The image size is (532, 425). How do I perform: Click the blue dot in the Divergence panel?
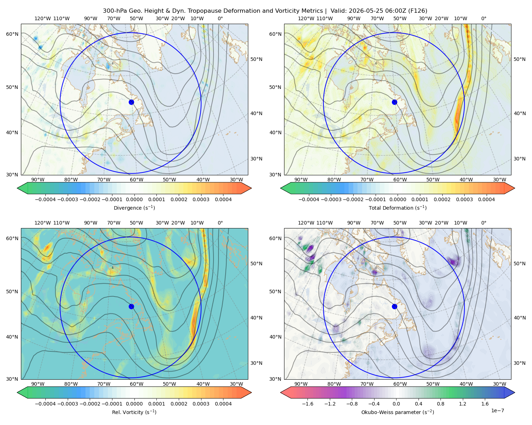(131, 102)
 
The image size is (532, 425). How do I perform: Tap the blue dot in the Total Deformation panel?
(394, 102)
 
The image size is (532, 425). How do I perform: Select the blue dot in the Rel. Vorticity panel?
(131, 306)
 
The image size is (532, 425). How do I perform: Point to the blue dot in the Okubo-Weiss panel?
(394, 306)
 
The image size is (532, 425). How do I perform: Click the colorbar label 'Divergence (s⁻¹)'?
(134, 208)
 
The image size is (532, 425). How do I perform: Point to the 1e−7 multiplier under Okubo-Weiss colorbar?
(497, 410)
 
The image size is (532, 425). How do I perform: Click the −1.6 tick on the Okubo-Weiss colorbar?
(307, 404)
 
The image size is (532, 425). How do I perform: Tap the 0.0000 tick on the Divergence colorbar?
(134, 199)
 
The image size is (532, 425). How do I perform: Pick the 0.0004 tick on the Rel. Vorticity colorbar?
(223, 404)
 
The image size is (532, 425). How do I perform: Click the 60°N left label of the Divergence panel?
(12, 34)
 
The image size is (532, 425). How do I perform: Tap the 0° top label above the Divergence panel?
(220, 18)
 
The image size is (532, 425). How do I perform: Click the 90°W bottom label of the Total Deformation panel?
(301, 180)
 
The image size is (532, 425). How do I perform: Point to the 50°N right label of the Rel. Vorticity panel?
(256, 263)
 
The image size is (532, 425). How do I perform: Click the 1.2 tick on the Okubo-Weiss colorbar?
(462, 404)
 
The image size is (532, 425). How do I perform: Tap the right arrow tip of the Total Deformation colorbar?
(515, 188)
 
